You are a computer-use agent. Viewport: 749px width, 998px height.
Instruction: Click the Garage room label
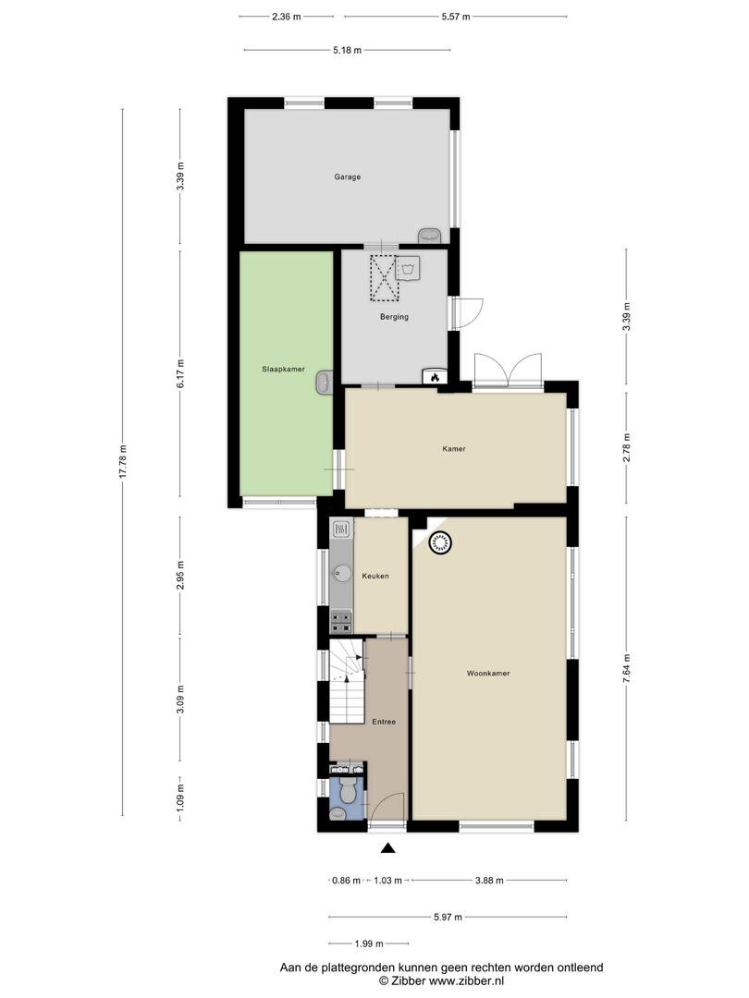(347, 176)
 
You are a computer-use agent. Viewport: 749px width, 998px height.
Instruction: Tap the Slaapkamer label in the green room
(284, 369)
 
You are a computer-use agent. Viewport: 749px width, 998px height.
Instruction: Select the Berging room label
(394, 317)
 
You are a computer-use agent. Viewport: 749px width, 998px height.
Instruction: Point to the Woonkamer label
(488, 674)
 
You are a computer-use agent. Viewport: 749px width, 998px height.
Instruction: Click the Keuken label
(375, 576)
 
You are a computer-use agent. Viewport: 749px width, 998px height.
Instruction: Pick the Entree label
(384, 722)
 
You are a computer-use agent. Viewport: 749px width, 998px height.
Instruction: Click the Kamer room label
(454, 449)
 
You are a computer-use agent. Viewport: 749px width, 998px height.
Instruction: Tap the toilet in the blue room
(348, 792)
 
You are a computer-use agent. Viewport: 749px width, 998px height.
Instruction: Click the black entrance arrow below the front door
(387, 847)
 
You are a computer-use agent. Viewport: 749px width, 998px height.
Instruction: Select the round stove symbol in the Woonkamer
(440, 543)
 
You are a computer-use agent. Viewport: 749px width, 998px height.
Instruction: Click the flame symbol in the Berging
(434, 376)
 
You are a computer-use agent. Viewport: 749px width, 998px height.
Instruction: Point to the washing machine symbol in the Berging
(407, 268)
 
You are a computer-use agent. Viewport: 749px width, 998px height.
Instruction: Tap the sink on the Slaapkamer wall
(325, 383)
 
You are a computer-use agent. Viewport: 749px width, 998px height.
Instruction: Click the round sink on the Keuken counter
(342, 574)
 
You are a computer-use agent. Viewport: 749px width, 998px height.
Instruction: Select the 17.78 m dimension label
(124, 461)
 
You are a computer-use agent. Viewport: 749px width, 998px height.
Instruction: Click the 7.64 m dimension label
(627, 669)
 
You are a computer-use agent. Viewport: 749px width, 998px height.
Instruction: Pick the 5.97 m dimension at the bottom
(448, 918)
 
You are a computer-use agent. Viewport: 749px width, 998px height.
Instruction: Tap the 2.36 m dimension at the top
(286, 17)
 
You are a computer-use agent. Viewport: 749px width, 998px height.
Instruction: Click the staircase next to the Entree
(347, 681)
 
